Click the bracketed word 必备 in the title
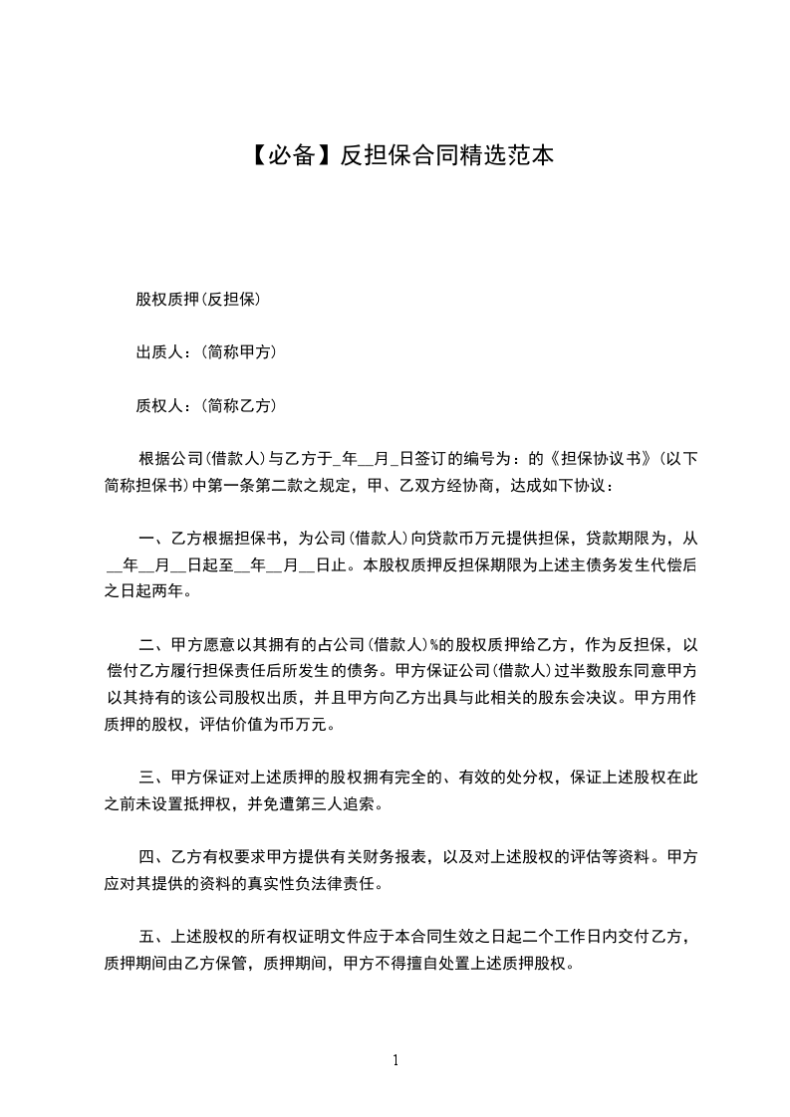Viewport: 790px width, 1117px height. click(x=284, y=155)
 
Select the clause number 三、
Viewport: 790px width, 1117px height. click(x=152, y=776)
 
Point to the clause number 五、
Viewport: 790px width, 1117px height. click(x=152, y=937)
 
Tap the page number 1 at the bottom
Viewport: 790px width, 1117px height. click(x=395, y=1060)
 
